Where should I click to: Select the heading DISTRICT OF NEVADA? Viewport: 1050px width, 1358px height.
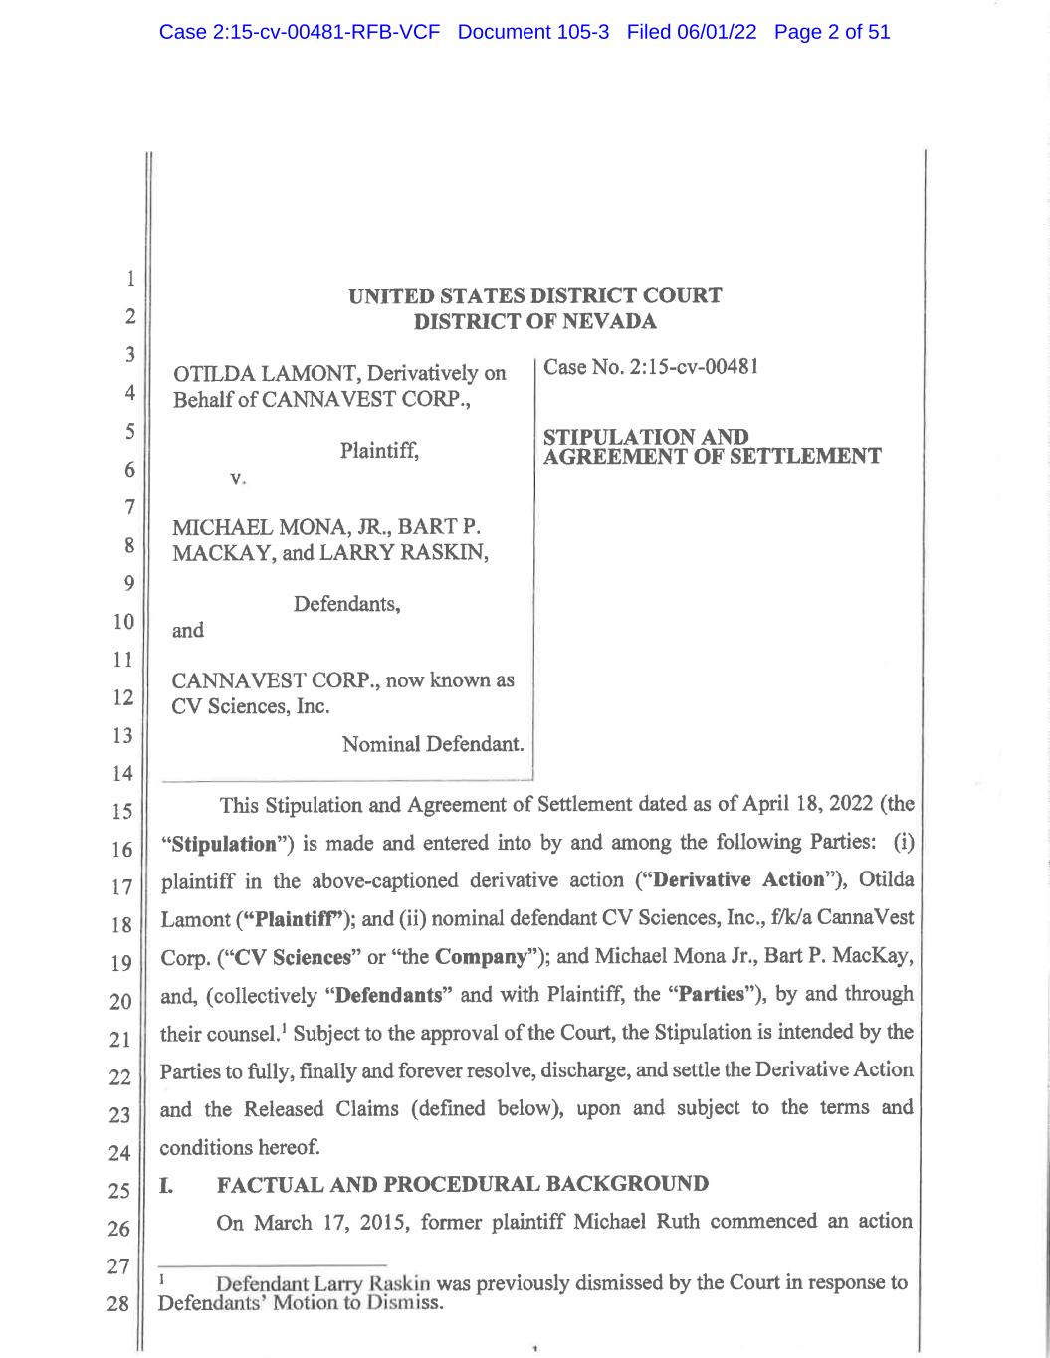coord(534,321)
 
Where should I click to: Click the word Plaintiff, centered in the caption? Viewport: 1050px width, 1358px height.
coord(379,451)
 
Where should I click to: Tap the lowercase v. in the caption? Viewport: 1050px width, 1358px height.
coord(237,478)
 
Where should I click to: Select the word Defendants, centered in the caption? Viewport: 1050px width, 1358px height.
coord(346,604)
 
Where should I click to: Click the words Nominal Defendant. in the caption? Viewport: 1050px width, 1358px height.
coord(433,744)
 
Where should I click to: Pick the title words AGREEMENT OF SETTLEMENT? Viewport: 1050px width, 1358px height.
coord(712,457)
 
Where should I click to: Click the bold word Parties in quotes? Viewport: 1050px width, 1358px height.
coord(711,994)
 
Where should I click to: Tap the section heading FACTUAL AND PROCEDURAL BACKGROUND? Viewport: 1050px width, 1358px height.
coord(463,1184)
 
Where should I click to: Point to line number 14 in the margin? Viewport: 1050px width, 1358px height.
coord(121,773)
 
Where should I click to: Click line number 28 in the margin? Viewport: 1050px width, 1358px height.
coord(118,1303)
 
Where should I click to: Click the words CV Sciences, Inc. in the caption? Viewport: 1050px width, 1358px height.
coord(250,706)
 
